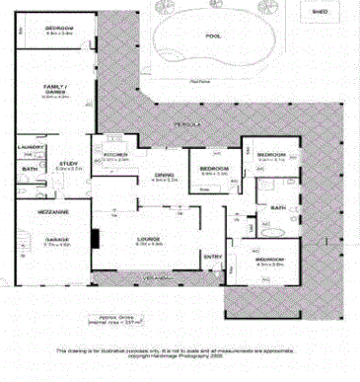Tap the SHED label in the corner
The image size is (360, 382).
pos(320,13)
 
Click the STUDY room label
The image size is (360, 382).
pos(67,164)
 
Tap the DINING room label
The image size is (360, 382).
pos(164,175)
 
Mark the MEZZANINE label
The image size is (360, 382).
pos(53,212)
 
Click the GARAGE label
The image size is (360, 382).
pos(56,239)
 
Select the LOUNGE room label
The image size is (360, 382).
pos(149,238)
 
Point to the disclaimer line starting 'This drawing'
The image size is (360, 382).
pos(179,350)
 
